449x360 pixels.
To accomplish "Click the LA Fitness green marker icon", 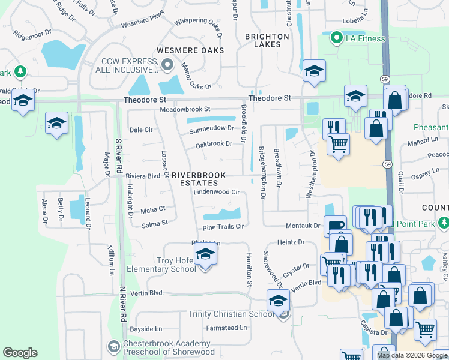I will point(336,40).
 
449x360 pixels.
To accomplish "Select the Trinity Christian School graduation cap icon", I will point(278,301).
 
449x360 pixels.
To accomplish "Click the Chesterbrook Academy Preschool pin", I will point(113,346).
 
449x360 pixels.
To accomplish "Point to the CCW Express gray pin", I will point(167,64).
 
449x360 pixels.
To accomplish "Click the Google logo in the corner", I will point(20,353).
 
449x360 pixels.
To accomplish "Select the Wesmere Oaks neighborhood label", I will point(190,50).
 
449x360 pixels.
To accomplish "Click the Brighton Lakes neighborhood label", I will point(267,40).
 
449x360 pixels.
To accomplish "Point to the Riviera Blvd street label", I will point(142,176).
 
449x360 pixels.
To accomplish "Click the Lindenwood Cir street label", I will point(217,193).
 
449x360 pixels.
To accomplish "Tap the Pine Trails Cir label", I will point(223,227).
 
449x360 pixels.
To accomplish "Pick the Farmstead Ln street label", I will point(226,328).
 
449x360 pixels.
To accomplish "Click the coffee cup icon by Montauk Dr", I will point(336,226).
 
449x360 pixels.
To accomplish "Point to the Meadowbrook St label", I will point(185,110).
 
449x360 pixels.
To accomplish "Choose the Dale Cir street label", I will point(142,130).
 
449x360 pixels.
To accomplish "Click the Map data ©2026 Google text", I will point(411,355).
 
